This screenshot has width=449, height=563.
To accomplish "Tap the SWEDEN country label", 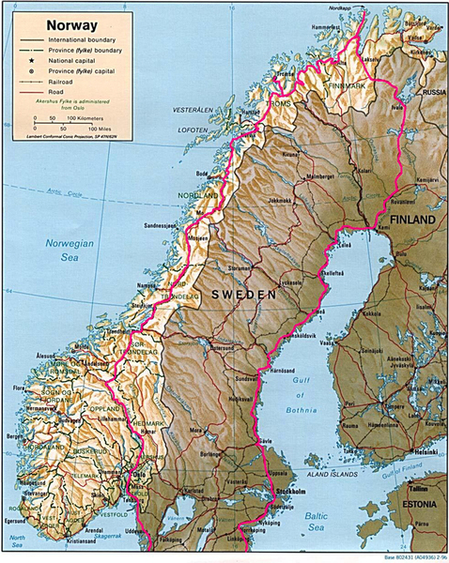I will tap(243, 294).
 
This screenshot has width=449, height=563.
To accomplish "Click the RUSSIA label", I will tap(434, 93).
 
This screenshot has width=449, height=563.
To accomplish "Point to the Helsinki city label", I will tap(399, 452).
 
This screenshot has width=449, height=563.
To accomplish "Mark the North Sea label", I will tap(16, 539).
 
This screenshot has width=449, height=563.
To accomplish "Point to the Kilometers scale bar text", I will tap(94, 119).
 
